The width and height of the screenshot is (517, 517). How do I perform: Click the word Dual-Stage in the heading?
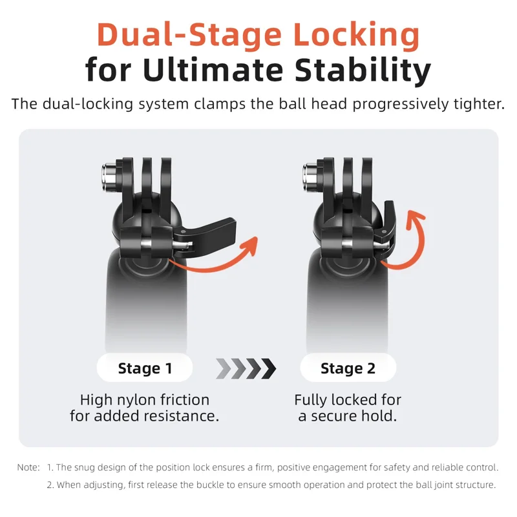click(189, 35)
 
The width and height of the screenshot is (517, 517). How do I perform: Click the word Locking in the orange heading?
click(357, 36)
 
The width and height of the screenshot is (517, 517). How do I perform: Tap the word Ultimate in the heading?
click(213, 70)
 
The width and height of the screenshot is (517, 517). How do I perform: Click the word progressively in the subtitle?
click(401, 105)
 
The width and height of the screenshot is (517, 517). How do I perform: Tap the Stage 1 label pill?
click(145, 368)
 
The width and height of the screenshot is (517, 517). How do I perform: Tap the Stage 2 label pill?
click(348, 368)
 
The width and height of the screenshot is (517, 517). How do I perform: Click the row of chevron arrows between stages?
click(246, 368)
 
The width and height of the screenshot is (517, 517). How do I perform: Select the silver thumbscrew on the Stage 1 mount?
click(109, 176)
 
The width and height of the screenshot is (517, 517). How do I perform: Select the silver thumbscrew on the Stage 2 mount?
click(310, 176)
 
